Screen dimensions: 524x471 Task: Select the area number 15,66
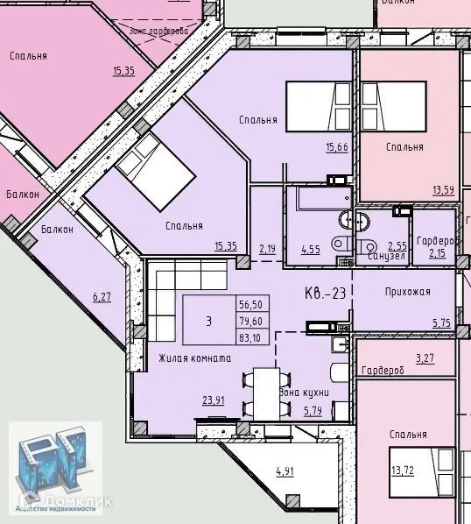(336, 146)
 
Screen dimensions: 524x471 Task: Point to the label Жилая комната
(194, 358)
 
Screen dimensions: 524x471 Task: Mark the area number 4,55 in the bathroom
(311, 249)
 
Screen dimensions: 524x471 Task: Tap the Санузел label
(384, 256)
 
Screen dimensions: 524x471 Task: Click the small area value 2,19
(267, 249)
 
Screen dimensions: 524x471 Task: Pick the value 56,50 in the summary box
(250, 305)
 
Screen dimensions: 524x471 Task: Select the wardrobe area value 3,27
(425, 358)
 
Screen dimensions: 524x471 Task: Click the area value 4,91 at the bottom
(285, 471)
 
